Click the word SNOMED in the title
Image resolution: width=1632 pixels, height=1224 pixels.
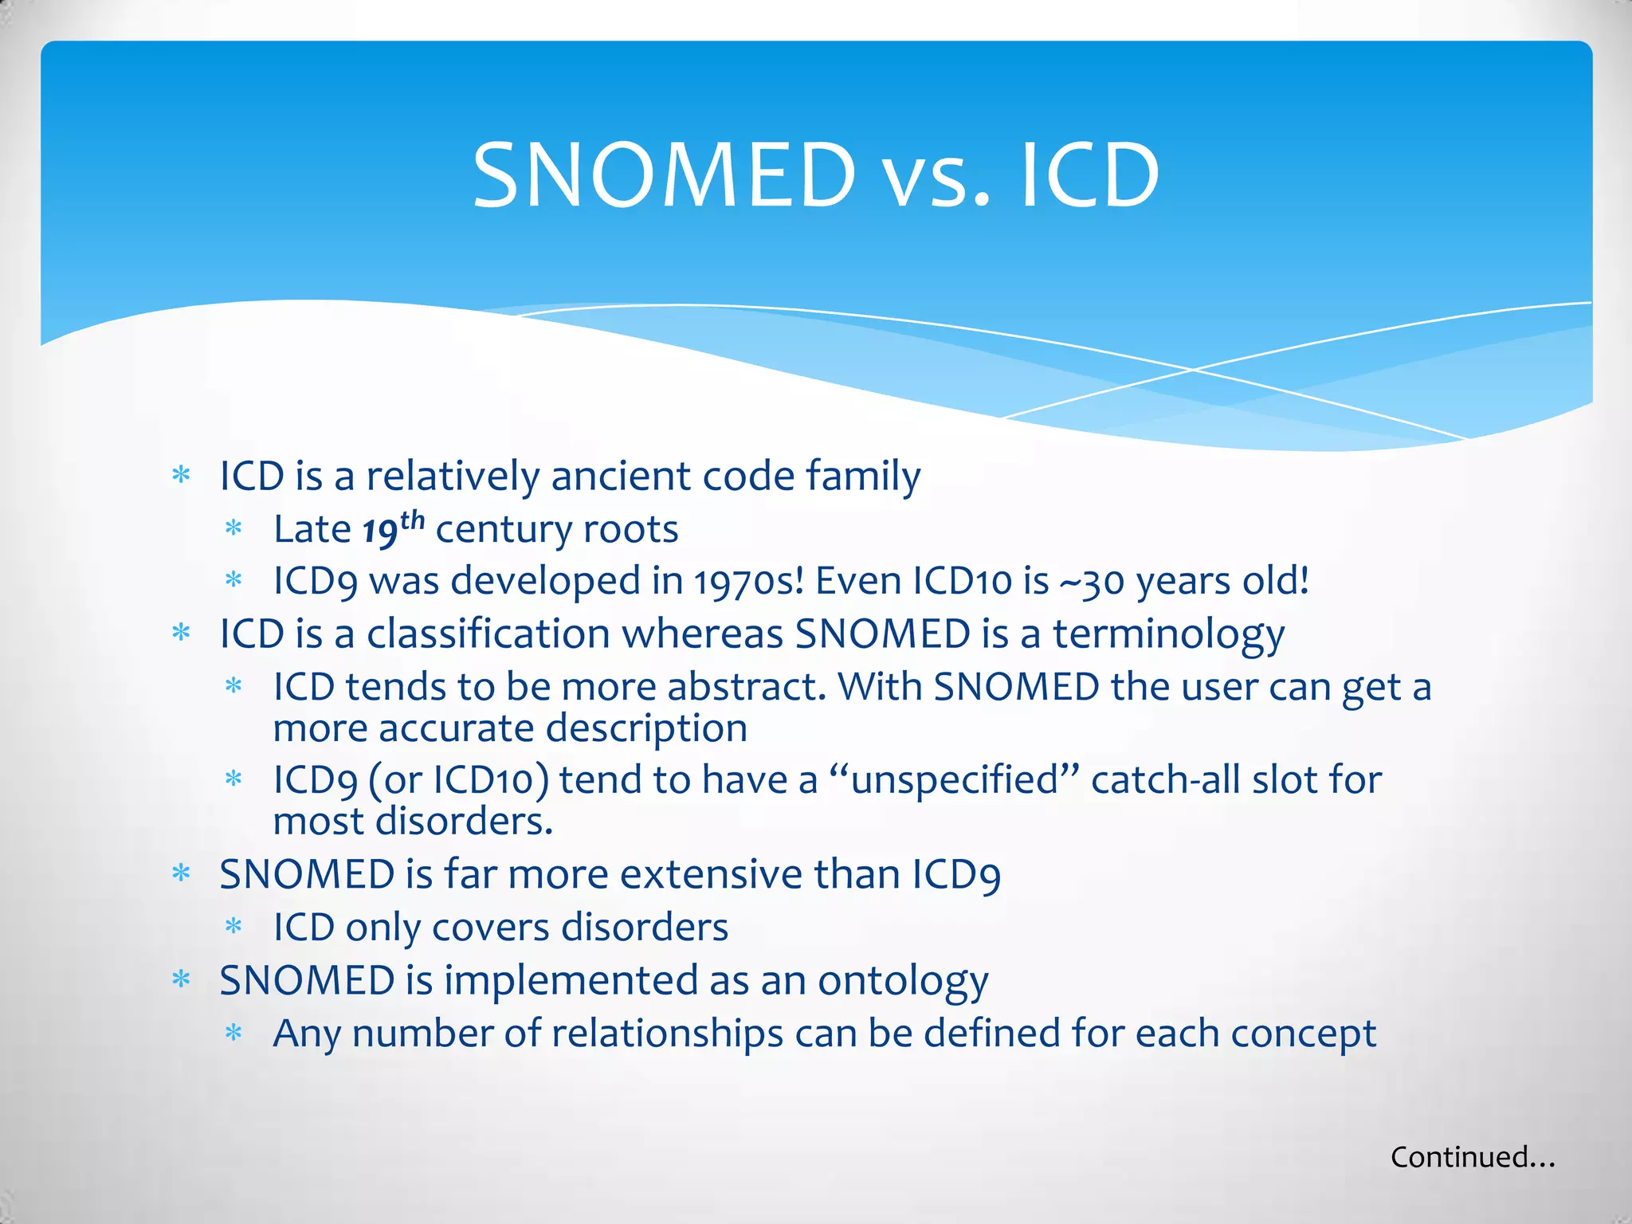[664, 175]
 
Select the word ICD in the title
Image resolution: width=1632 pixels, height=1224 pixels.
[1089, 175]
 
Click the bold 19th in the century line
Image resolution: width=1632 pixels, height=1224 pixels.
[393, 528]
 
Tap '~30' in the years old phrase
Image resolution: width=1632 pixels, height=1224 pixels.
[1091, 581]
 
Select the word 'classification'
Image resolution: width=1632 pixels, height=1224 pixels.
[488, 634]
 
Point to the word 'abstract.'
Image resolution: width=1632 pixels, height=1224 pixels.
[747, 687]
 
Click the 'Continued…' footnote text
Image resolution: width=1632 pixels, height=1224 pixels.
[1473, 1157]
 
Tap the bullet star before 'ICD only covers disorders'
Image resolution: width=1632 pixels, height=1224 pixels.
[233, 927]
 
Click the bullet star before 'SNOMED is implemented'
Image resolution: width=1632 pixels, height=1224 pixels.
[182, 979]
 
